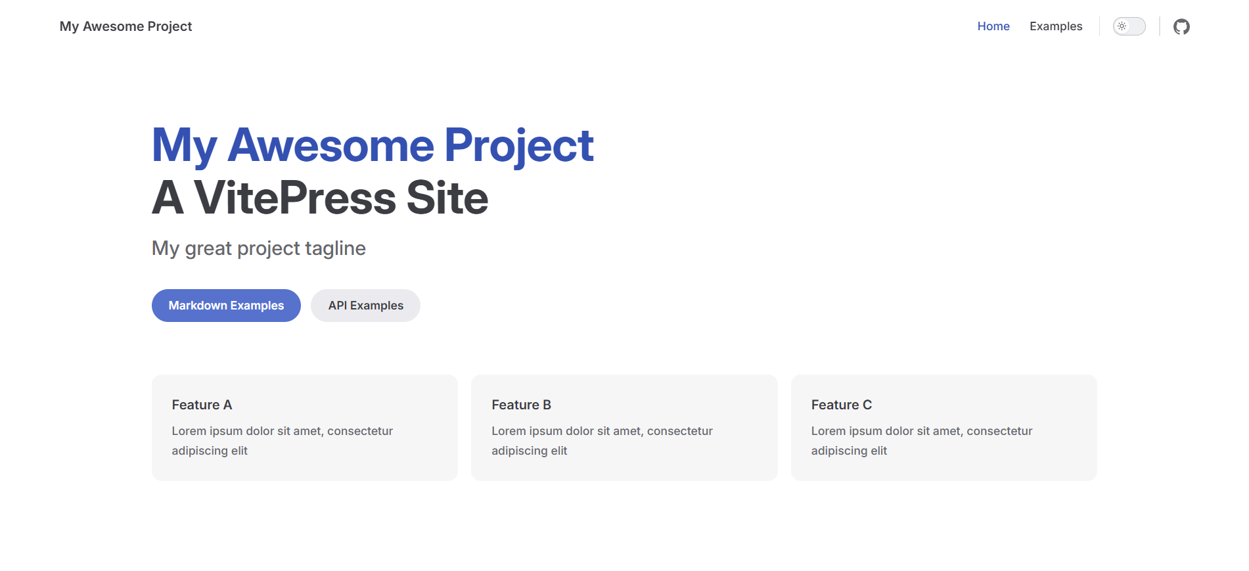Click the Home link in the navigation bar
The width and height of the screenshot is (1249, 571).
click(993, 26)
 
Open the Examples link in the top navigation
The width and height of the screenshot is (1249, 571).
click(1056, 26)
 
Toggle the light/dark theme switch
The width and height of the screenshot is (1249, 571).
click(1129, 26)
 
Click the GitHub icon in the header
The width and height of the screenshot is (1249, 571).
click(1181, 26)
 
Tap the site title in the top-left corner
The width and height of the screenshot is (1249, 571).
click(125, 26)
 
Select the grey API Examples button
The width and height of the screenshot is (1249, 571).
click(365, 306)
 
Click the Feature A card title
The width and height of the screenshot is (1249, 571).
click(202, 405)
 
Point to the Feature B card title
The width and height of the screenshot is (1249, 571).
click(521, 405)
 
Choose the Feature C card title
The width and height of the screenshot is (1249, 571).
click(841, 405)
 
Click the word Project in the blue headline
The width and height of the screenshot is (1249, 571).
click(519, 146)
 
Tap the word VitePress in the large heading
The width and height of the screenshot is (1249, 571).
click(295, 198)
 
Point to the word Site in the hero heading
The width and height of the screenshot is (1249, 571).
click(447, 198)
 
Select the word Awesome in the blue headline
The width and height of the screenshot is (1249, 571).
click(330, 145)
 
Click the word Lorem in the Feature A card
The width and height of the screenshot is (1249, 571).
click(189, 431)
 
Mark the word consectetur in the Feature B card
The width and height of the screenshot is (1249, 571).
click(680, 431)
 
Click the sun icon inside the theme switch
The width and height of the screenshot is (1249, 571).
click(1122, 26)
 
